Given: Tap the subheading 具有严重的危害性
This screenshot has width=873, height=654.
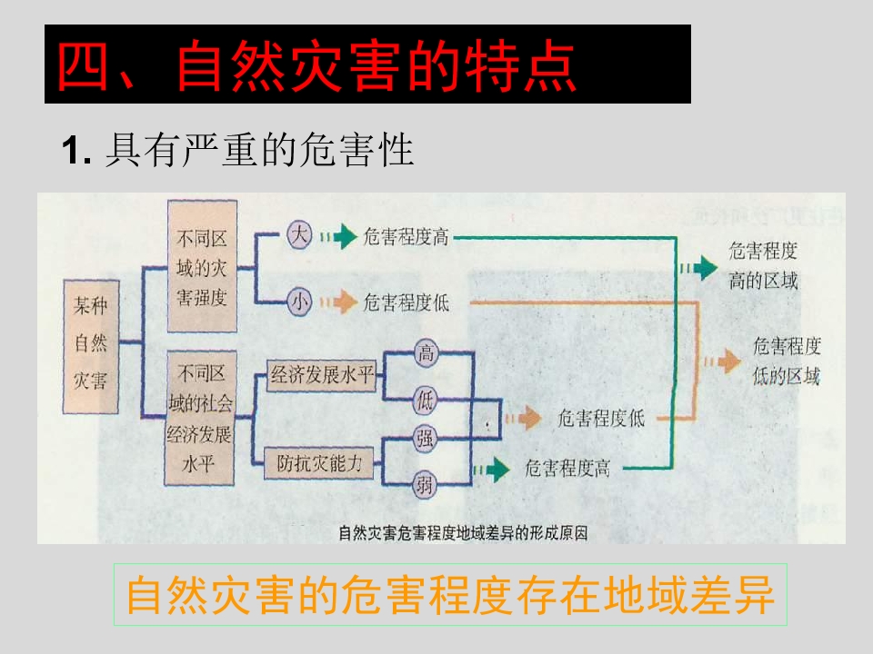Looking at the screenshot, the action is (259, 150).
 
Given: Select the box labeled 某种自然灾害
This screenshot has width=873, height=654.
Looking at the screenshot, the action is (91, 346).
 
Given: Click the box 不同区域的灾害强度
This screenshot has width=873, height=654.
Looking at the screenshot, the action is (203, 266).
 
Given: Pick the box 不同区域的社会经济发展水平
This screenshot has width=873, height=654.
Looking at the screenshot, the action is (200, 418).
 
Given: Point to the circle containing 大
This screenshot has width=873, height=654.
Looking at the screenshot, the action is (299, 235).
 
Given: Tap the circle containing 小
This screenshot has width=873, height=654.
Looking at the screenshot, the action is (299, 302).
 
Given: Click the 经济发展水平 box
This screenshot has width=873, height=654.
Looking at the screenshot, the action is (322, 375).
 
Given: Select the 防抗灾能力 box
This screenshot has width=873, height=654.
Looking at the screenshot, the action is (319, 462).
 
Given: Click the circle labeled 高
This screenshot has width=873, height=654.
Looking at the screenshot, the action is (426, 352).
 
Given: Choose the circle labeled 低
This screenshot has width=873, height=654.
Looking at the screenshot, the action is (425, 400).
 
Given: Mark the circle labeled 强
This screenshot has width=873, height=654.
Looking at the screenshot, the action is (425, 438).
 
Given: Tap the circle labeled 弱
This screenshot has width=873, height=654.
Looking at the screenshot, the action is (425, 485).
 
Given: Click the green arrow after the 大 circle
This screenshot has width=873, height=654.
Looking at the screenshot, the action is (338, 236).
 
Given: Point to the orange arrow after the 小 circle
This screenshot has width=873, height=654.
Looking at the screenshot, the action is (338, 302).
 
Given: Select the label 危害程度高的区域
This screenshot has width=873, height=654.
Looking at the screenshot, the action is (763, 265).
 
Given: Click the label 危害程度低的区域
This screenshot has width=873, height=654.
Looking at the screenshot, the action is (787, 361).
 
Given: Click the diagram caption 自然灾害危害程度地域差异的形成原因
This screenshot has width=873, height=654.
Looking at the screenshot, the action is (463, 533).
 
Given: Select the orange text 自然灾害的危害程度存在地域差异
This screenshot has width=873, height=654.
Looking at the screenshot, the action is (450, 594).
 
